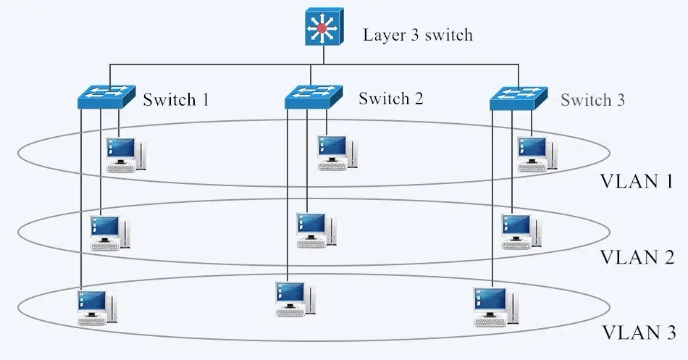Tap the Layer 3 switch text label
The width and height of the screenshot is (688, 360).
417,34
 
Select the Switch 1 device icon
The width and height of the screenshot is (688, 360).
107,96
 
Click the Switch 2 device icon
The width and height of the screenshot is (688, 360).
313,96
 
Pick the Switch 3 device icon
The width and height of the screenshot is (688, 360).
519,96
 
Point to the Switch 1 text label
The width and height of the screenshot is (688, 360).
176,99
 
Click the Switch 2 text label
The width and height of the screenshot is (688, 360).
390,98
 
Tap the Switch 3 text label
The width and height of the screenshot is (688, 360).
592,100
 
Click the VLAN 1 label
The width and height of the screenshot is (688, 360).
637,182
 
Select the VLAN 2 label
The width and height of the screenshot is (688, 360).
637,257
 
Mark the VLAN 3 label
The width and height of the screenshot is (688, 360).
638,333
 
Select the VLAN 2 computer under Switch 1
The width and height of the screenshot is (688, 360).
109,233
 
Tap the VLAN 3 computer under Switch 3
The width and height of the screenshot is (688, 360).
493,305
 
